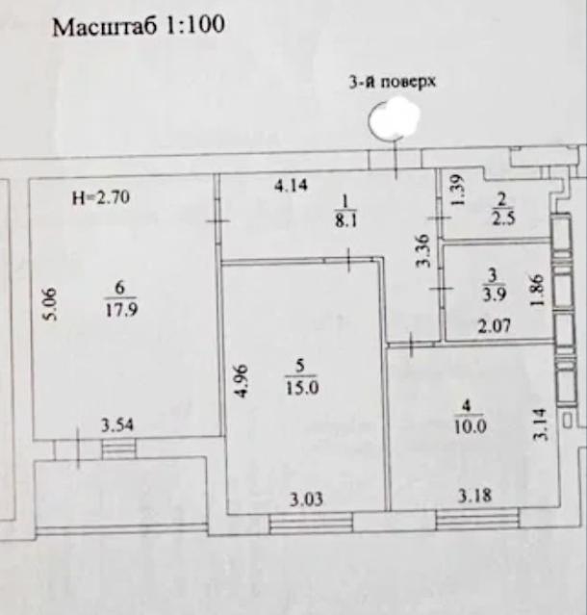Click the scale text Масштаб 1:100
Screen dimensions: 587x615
pyautogui.click(x=139, y=27)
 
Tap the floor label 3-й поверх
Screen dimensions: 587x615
pyautogui.click(x=392, y=83)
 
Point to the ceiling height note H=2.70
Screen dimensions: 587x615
pyautogui.click(x=101, y=197)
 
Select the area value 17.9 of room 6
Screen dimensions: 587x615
pyautogui.click(x=121, y=310)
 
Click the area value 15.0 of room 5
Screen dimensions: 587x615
pyautogui.click(x=302, y=388)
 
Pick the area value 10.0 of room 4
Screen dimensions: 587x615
pyautogui.click(x=471, y=426)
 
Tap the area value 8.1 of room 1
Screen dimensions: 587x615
pyautogui.click(x=345, y=221)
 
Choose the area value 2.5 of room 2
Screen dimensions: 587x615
pyautogui.click(x=503, y=218)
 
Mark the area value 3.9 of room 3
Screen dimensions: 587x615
pyautogui.click(x=494, y=295)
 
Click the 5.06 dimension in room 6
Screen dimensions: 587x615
pyautogui.click(x=50, y=305)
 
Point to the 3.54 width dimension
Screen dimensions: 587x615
pyautogui.click(x=117, y=425)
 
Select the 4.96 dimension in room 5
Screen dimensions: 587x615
pyautogui.click(x=242, y=381)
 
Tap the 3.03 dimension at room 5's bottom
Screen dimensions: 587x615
pyautogui.click(x=307, y=500)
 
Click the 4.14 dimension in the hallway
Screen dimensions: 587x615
pyautogui.click(x=291, y=185)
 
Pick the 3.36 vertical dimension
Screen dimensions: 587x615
pyautogui.click(x=423, y=251)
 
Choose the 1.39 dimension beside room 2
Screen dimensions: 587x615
pyautogui.click(x=459, y=190)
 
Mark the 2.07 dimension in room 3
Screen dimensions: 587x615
pyautogui.click(x=495, y=326)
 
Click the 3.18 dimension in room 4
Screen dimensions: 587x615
pyautogui.click(x=474, y=496)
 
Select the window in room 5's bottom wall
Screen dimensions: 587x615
pyautogui.click(x=311, y=524)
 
